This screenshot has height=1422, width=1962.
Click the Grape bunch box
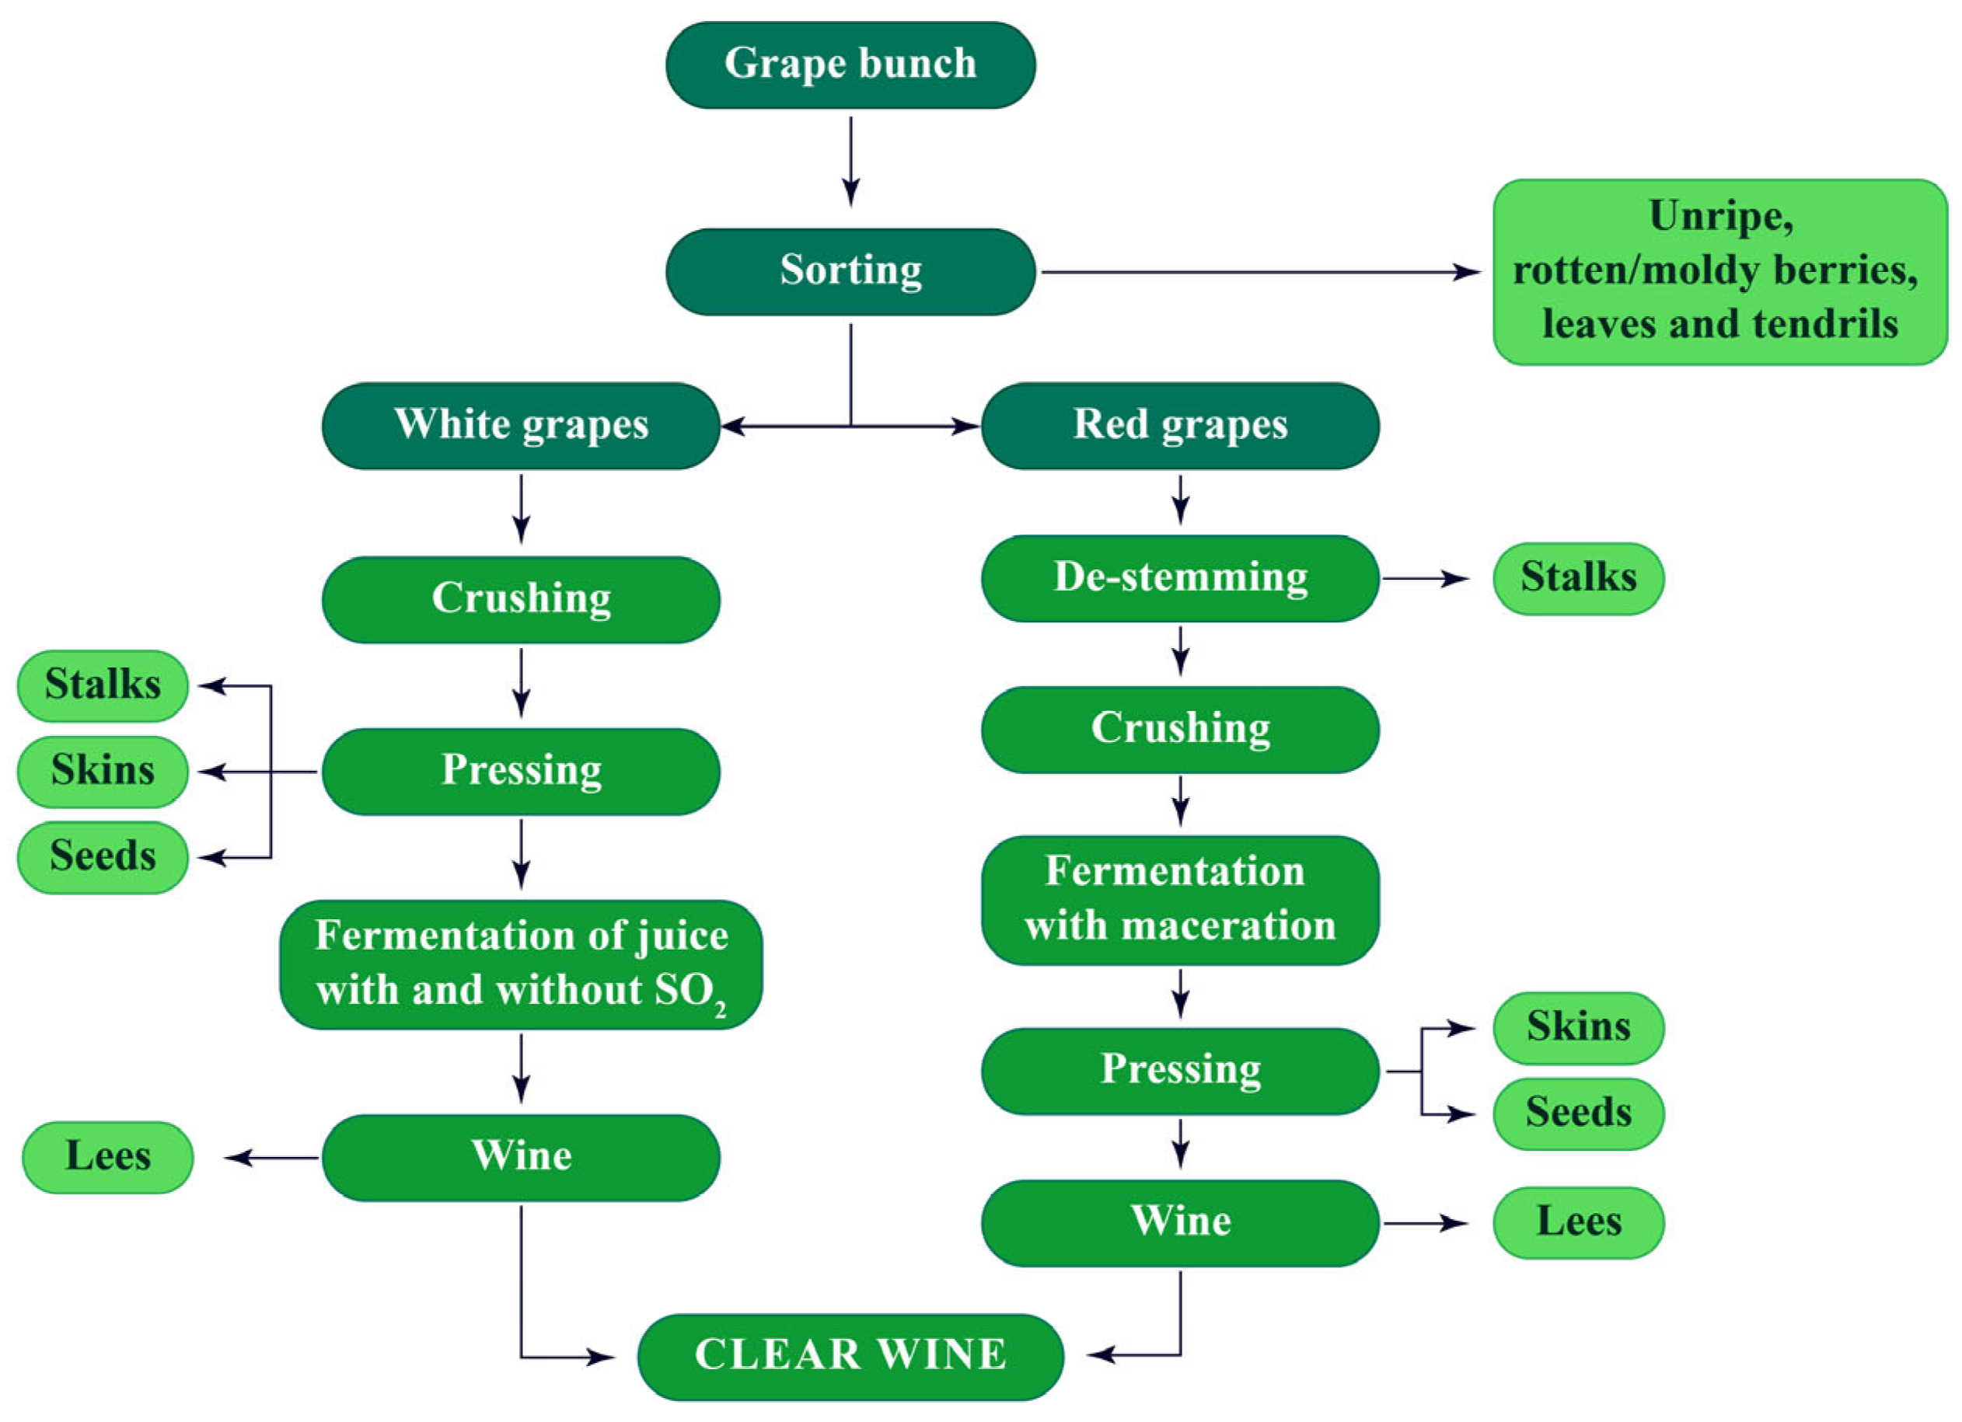pos(850,64)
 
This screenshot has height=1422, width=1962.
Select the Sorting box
pos(850,272)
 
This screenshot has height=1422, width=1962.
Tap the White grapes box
pos(521,426)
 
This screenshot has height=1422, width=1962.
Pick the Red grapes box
pos(1180,426)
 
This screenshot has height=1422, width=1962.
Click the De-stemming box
pos(1180,578)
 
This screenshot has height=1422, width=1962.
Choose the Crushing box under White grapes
pos(521,598)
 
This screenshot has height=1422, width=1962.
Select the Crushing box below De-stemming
pos(1180,728)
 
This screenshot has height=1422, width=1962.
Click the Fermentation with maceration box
pos(1180,899)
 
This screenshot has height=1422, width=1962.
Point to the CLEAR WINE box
pos(850,1355)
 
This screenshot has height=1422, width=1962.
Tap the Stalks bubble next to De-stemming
pos(1578,578)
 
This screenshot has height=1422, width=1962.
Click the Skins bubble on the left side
pos(102,771)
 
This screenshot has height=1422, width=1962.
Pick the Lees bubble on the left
pos(107,1156)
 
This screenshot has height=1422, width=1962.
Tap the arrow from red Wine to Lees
pos(1426,1222)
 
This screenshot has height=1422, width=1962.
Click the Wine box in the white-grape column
pos(521,1156)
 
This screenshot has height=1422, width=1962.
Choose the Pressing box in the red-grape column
pos(1180,1070)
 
